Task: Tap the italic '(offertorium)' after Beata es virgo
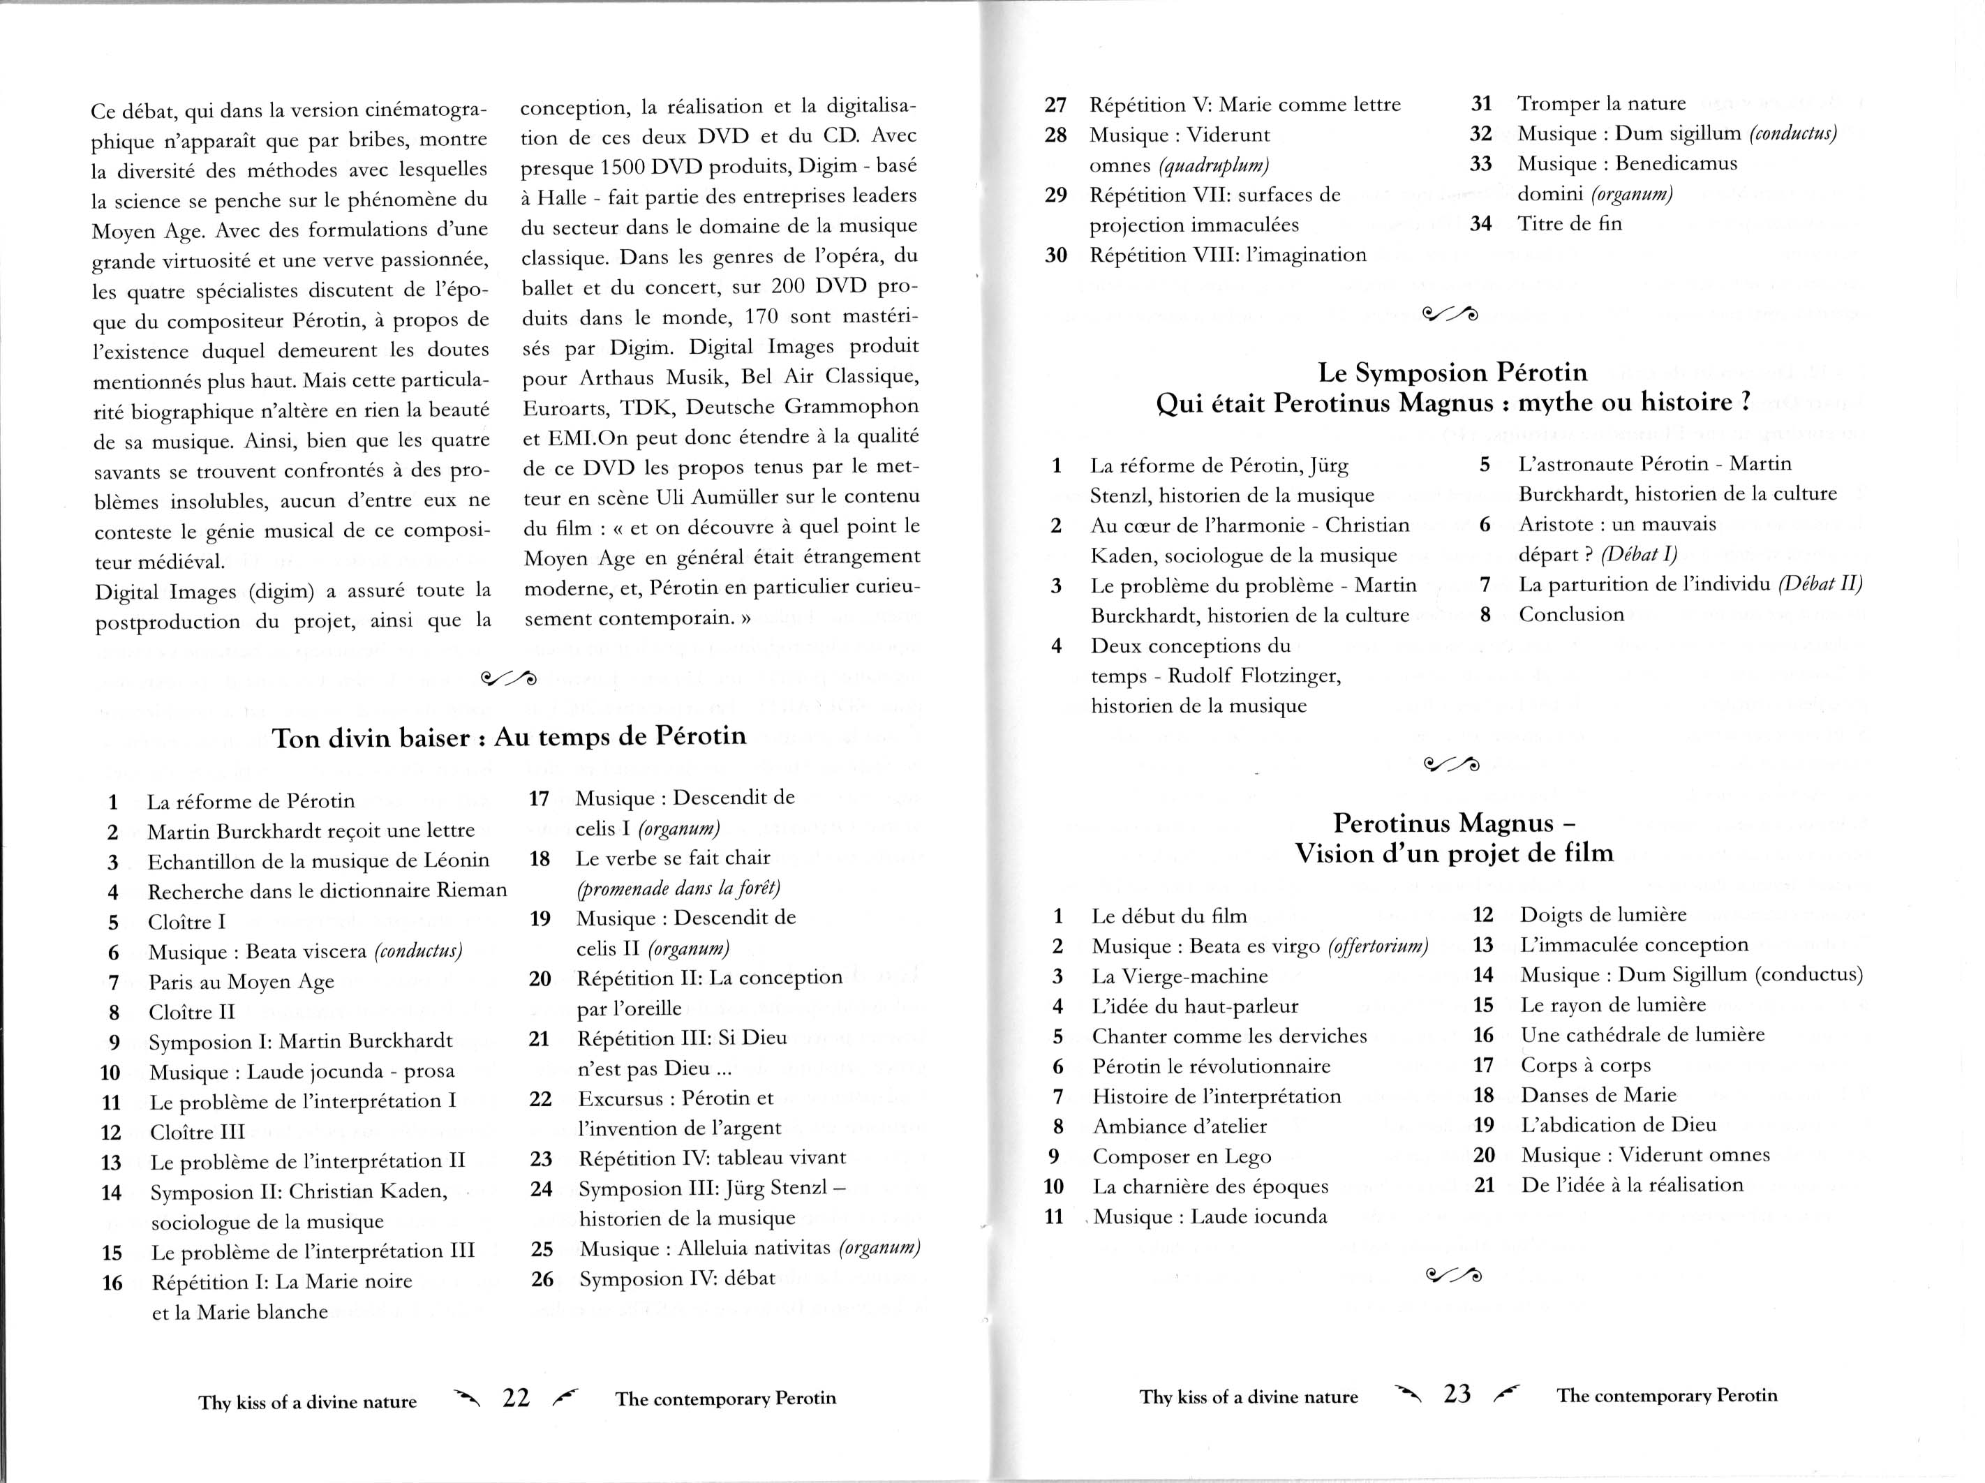[x=1378, y=946]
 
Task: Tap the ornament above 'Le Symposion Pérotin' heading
[x=1451, y=313]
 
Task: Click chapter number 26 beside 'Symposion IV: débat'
[x=542, y=1279]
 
